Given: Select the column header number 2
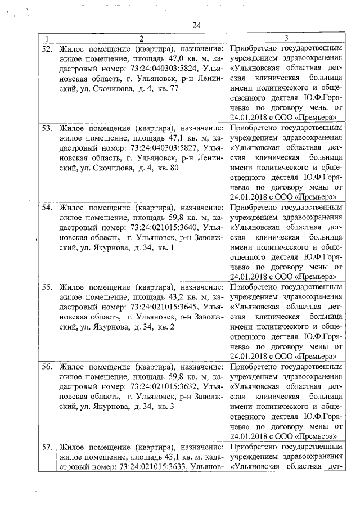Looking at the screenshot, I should [141, 39].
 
